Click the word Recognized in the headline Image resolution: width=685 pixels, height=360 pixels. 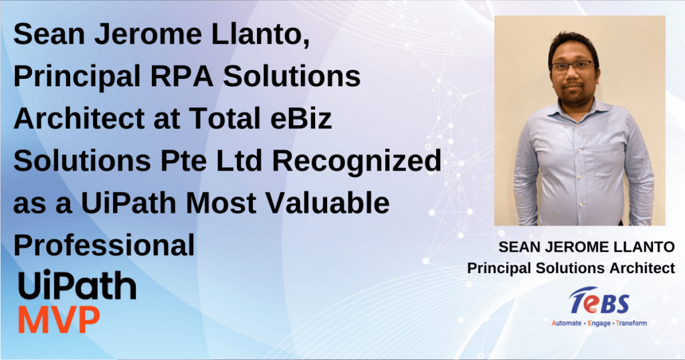pyautogui.click(x=357, y=162)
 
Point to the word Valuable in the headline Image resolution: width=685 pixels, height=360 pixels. pyautogui.click(x=327, y=203)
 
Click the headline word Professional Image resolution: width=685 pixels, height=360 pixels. pyautogui.click(x=104, y=245)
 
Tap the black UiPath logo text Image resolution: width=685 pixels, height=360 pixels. pyautogui.click(x=77, y=286)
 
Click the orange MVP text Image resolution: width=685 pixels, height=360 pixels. pyautogui.click(x=59, y=321)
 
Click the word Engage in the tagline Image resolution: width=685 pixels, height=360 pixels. pyautogui.click(x=599, y=323)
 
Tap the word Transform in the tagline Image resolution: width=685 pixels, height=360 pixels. pyautogui.click(x=631, y=323)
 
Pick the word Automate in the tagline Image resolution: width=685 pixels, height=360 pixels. pyautogui.click(x=566, y=323)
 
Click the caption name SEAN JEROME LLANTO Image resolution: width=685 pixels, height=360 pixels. pyautogui.click(x=586, y=247)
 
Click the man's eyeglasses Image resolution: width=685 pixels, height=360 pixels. pyautogui.click(x=573, y=66)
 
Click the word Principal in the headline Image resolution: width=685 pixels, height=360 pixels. pyautogui.click(x=77, y=77)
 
